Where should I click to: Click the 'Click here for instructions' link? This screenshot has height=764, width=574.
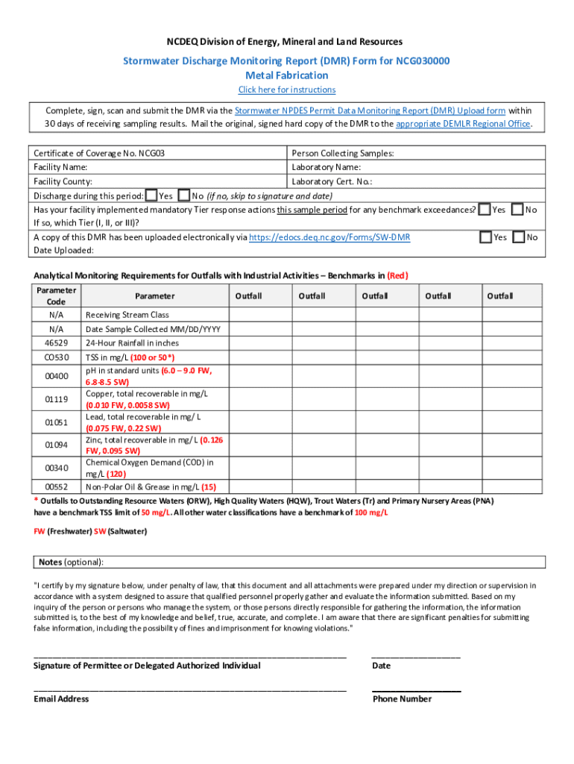pos(286,90)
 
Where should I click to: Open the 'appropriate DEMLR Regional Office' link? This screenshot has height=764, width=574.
pos(463,124)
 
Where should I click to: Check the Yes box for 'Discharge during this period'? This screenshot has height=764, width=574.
pos(151,195)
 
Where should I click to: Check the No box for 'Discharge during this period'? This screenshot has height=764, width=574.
pos(185,195)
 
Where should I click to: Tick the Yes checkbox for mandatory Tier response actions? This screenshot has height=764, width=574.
pos(485,210)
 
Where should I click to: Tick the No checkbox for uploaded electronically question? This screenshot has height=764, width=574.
pos(518,237)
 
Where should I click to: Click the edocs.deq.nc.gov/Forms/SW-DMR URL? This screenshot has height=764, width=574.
pos(329,237)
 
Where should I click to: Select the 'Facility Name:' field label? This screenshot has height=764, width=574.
pos(60,167)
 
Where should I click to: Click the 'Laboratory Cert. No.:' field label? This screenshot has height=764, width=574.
pos(332,181)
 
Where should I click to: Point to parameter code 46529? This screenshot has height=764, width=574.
pos(57,343)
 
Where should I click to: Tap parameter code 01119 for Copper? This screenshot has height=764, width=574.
pos(57,399)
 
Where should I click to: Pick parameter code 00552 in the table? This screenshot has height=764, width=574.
pos(57,486)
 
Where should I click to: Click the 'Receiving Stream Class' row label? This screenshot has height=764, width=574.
pos(127,315)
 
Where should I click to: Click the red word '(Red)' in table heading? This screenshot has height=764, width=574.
pos(397,275)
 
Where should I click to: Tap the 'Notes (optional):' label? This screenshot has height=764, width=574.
pos(72,562)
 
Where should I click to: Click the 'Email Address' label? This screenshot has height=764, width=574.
pos(61,699)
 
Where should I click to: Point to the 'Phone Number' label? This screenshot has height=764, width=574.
pos(401,699)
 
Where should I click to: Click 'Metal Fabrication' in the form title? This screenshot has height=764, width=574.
pos(286,75)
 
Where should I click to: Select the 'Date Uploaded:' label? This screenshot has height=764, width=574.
pos(63,251)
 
